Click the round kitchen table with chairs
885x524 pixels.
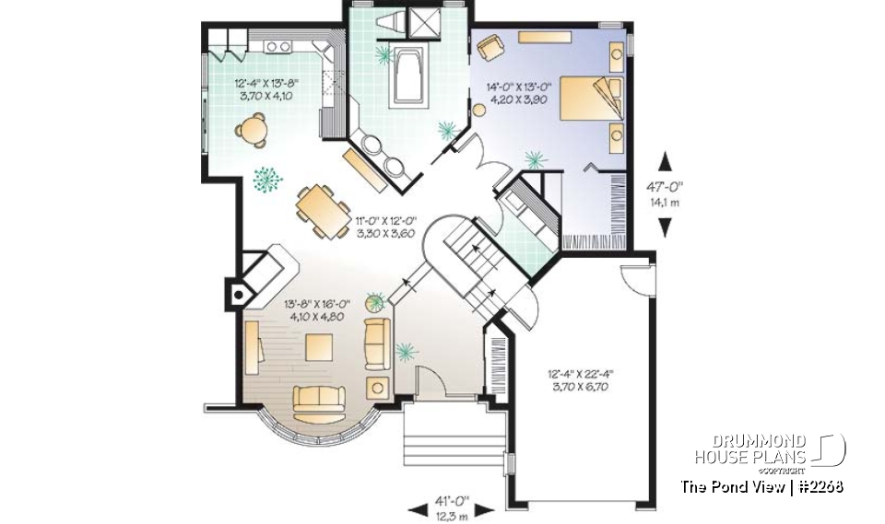pos(253,130)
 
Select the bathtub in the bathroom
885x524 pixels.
pos(407,77)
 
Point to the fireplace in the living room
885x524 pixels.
pos(237,294)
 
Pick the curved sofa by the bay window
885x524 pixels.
pos(318,399)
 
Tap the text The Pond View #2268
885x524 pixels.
pos(761,485)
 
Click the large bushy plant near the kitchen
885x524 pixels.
pos(266,179)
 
